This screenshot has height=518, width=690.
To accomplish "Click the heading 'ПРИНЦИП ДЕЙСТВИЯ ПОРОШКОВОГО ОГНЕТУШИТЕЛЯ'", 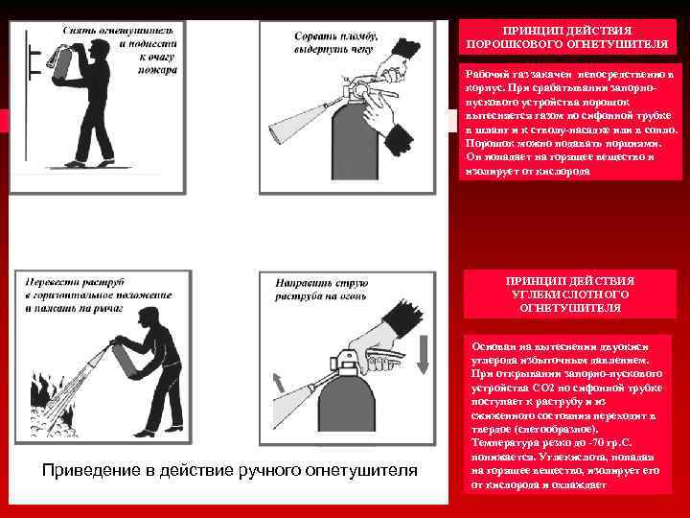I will point(567,37).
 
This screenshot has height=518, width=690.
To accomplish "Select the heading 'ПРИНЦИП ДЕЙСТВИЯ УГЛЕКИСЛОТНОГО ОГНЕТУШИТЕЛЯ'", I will point(569,294).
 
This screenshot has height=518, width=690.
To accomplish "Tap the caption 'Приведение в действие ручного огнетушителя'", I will point(231,470).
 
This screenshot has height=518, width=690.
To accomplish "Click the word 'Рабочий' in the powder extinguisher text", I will point(485,73).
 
